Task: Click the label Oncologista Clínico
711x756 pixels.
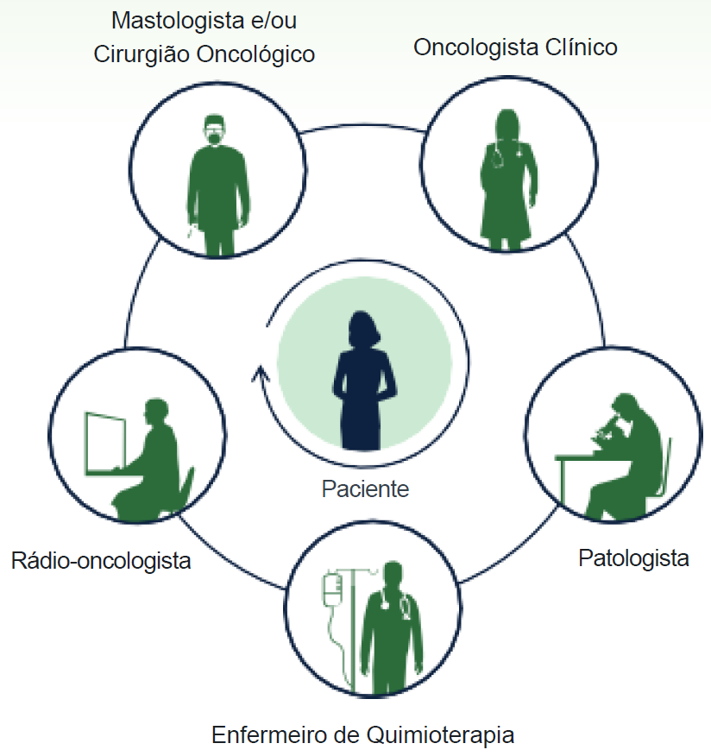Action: tap(515, 47)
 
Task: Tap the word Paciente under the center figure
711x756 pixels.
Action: tap(365, 488)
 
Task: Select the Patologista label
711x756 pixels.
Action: tap(633, 558)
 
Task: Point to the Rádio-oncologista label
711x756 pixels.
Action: tap(101, 560)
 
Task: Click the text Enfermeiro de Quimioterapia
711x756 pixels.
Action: tap(363, 736)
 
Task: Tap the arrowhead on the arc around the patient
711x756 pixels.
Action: tap(257, 373)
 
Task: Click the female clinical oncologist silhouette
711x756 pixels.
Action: tap(507, 181)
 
